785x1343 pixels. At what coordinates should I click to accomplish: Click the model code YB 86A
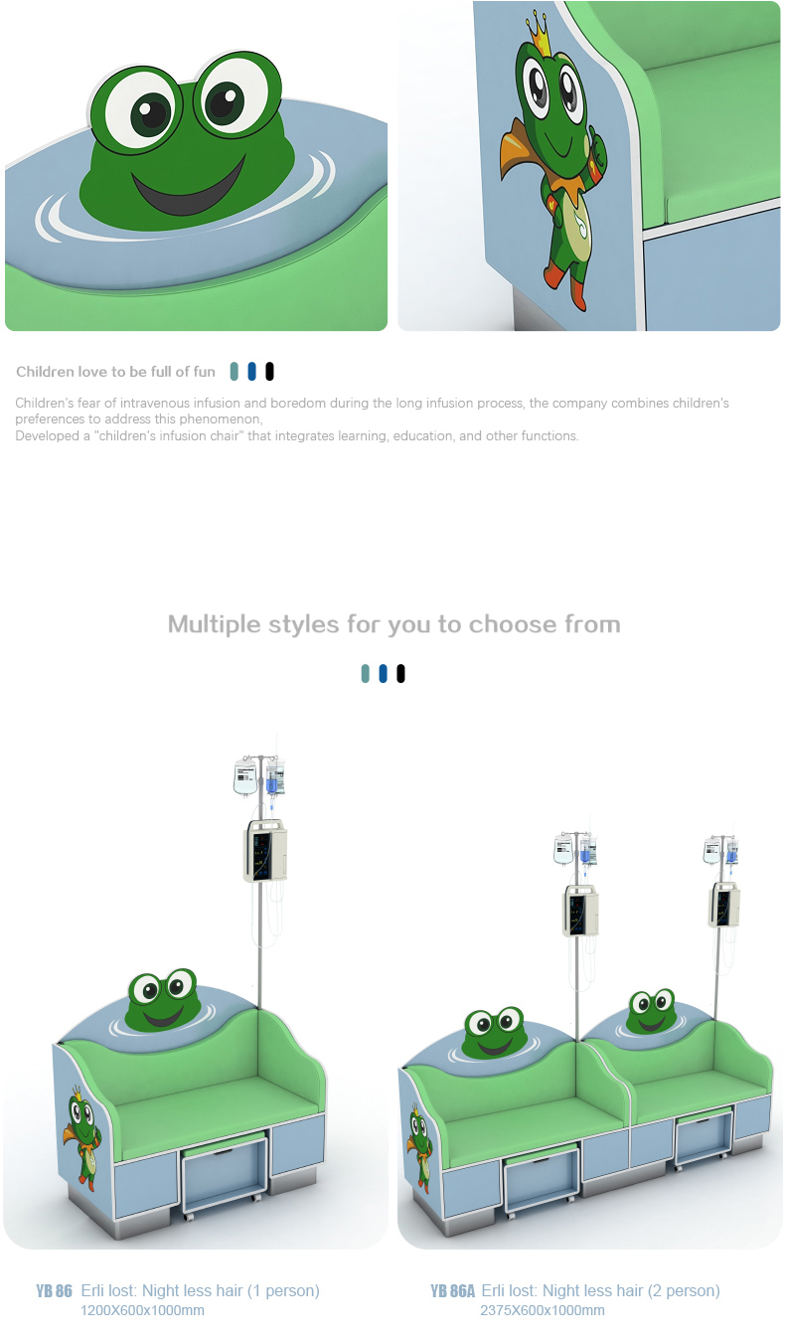(452, 1291)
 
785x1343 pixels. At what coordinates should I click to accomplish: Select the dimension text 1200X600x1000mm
(143, 1310)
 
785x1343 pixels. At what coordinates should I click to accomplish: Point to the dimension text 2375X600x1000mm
(543, 1310)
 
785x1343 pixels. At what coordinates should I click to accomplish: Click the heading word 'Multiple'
(214, 624)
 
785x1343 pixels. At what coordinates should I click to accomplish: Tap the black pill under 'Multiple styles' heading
(400, 673)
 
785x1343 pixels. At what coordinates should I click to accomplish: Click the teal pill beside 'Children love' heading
(235, 371)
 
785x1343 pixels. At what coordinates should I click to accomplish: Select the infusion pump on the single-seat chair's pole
(265, 851)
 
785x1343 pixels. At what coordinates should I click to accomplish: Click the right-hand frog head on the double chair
(652, 1012)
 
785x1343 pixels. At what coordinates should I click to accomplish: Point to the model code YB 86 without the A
(54, 1291)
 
